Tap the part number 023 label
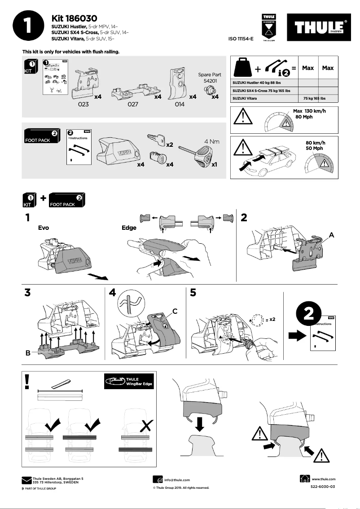point(83,104)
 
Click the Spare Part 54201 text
point(210,78)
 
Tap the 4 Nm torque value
point(211,141)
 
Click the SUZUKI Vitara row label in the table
point(245,98)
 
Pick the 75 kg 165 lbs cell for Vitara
point(314,98)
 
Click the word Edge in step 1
point(129,228)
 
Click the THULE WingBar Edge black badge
point(128,382)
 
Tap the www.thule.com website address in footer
point(323,479)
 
